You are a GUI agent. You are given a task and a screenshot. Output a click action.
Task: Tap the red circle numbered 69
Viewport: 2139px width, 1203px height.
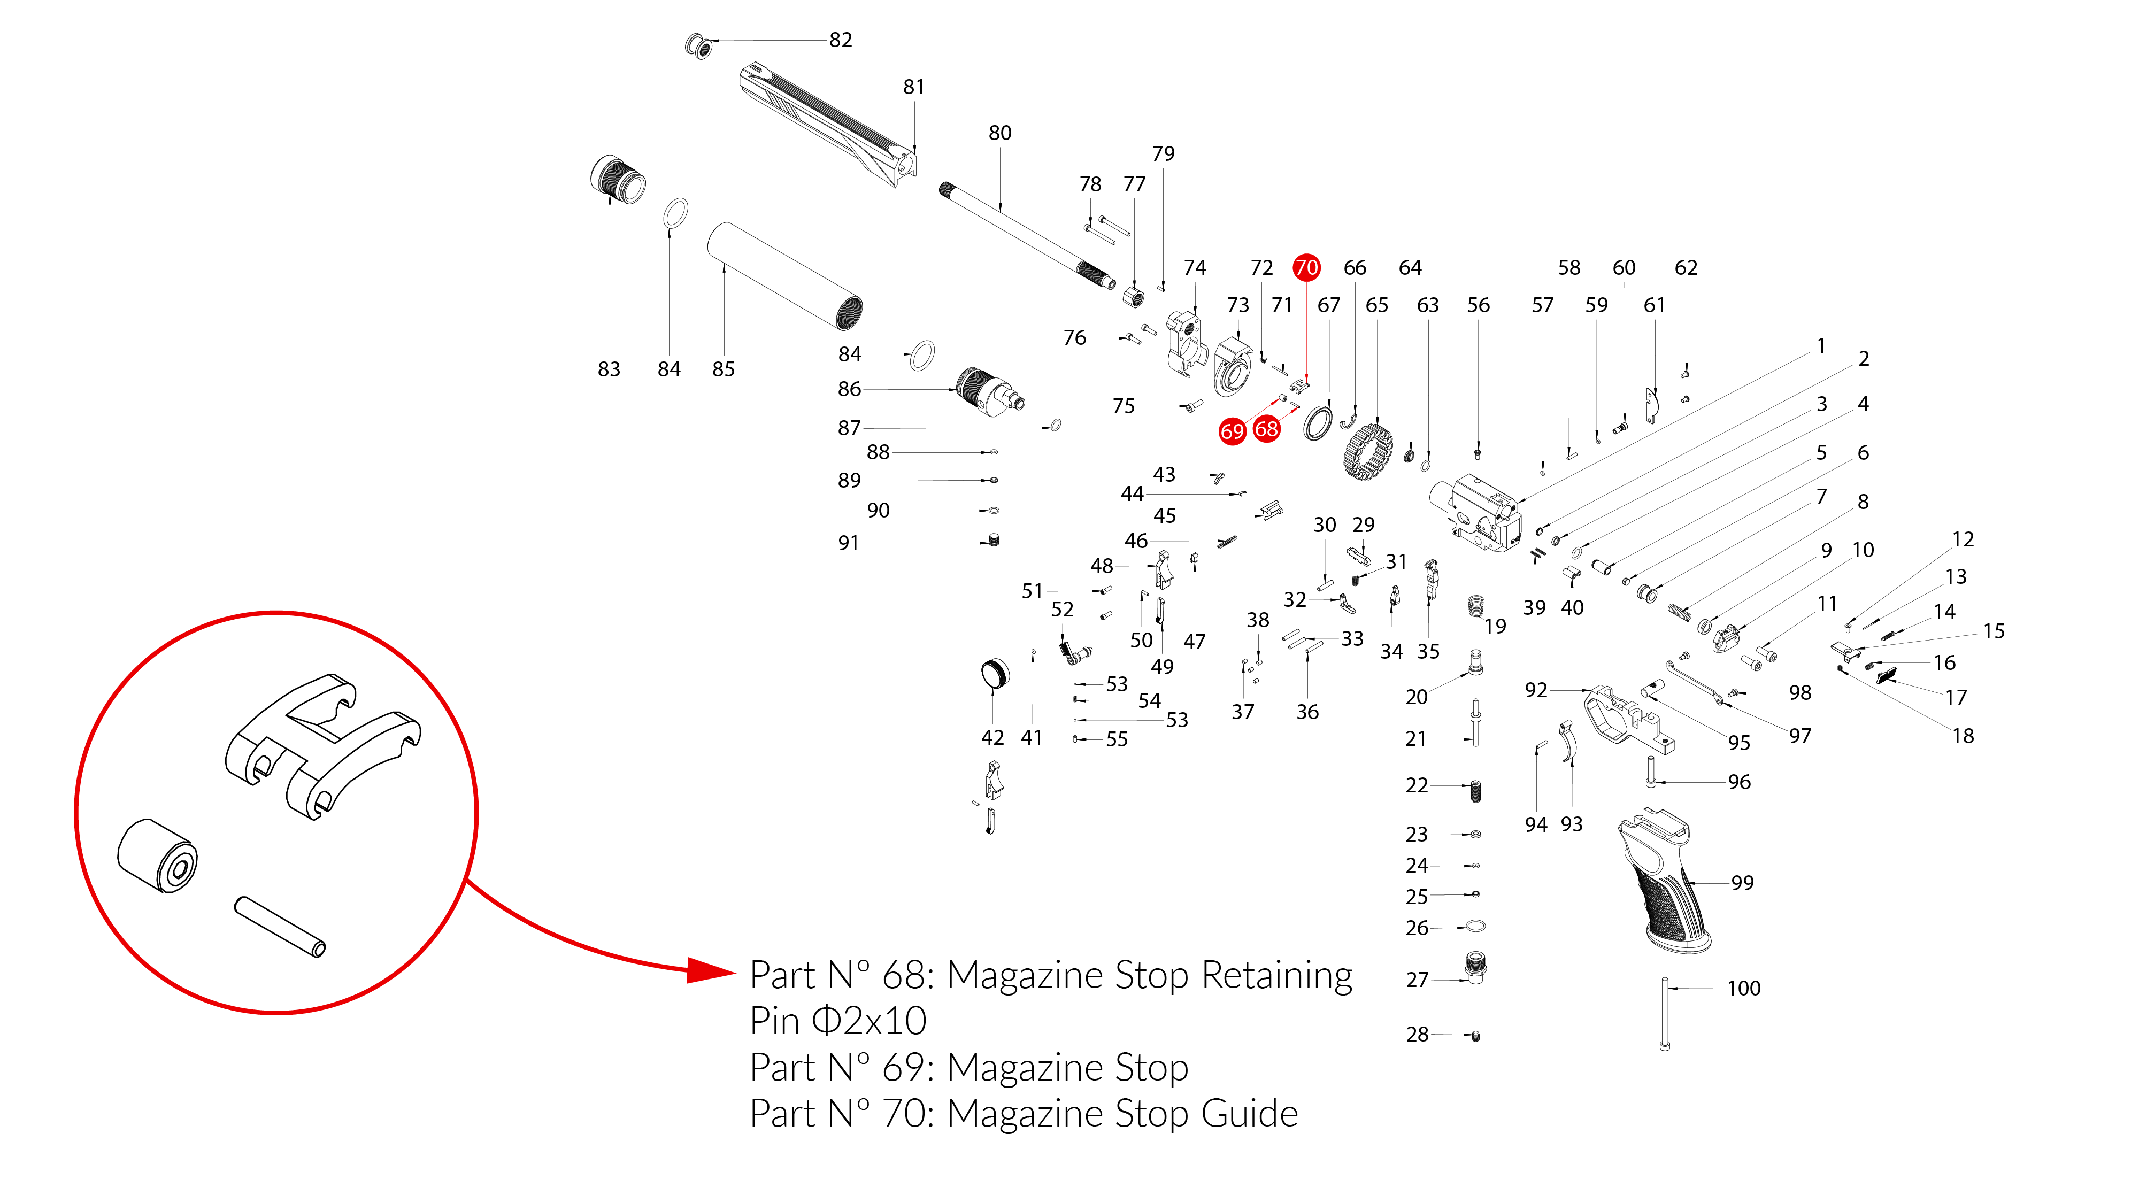[1232, 431]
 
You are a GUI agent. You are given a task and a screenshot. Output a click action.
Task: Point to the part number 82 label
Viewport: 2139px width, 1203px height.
[840, 40]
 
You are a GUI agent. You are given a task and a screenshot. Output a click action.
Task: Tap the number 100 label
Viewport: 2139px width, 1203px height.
[1744, 988]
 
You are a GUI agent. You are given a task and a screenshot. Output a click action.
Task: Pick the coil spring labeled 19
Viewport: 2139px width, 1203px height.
[1475, 606]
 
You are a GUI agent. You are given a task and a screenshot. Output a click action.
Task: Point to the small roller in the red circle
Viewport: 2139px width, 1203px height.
[158, 856]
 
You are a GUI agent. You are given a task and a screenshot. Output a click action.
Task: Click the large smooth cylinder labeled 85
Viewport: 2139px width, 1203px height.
[784, 276]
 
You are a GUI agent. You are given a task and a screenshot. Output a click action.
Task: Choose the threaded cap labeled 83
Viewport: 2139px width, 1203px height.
[618, 179]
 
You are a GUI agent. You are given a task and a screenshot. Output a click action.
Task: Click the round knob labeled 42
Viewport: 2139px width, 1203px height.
[995, 673]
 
